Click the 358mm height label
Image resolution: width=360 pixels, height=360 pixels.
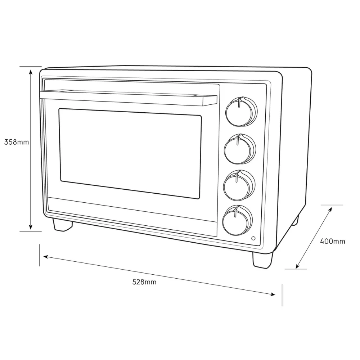tap(17, 142)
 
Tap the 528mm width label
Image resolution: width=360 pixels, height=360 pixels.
tap(144, 282)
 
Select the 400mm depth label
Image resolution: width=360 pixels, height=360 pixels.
tap(332, 241)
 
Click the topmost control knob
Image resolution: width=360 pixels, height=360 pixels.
tap(241, 112)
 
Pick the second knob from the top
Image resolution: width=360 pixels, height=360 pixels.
tap(240, 149)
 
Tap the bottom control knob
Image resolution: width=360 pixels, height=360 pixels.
tap(238, 220)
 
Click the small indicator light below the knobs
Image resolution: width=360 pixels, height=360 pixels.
tap(253, 238)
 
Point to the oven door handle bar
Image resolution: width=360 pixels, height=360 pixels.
tap(129, 98)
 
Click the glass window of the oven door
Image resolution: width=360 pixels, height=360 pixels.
tap(130, 154)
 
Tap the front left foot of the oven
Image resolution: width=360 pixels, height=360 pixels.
tap(62, 225)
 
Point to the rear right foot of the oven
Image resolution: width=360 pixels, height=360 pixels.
tap(296, 220)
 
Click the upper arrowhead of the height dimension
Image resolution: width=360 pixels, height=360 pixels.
tap(31, 72)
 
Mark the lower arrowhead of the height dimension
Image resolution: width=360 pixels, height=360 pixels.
tap(31, 227)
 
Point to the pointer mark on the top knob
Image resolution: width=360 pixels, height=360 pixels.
tap(239, 102)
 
